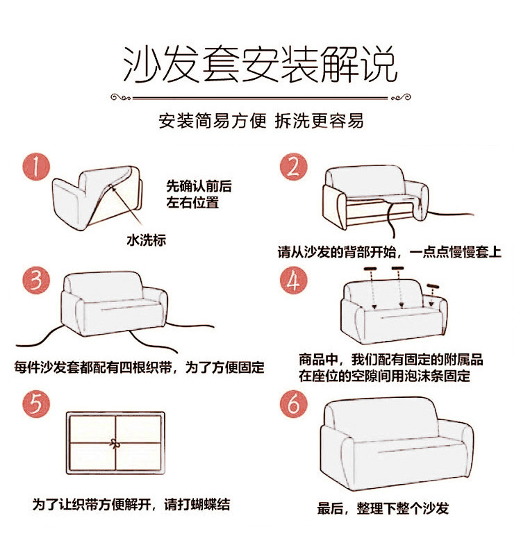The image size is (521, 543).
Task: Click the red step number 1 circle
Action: pos(36,167)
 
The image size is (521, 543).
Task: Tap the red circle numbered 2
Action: pos(294,167)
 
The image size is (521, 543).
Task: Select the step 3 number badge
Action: pos(36,281)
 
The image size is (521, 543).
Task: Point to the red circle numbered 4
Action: pos(294,281)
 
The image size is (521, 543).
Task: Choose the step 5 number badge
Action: pos(36,404)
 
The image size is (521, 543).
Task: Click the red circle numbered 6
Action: pos(294,404)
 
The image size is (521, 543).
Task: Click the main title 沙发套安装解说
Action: pos(260,65)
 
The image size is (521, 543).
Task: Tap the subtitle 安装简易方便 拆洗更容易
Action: pos(260,121)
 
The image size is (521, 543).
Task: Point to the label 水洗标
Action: pos(146,240)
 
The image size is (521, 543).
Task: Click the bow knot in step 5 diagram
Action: pos(114,443)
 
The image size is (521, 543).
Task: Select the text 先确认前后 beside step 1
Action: pos(199,186)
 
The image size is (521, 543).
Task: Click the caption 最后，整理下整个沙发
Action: pos(383,508)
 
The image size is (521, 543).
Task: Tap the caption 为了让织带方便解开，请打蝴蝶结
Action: pos(131,504)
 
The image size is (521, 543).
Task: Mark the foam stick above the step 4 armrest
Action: pos(433,286)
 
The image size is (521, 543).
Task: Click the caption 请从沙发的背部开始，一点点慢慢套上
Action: pos(390,252)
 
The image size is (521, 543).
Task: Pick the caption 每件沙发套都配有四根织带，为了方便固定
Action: pos(139,367)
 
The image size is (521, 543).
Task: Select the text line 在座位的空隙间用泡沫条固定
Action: pos(385,376)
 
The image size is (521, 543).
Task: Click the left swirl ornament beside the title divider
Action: pos(121,97)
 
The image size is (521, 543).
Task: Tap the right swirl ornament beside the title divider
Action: pos(401,97)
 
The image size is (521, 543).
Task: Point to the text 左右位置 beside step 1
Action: pos(192,202)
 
